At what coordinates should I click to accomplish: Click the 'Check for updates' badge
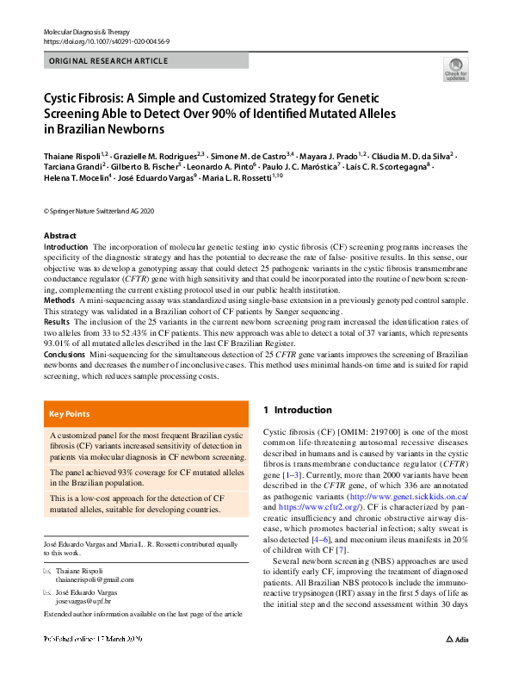(455, 69)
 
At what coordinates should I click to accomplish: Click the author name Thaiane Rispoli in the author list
(70, 155)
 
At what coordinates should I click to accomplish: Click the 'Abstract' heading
(59, 236)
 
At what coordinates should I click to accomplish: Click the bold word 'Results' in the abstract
(58, 321)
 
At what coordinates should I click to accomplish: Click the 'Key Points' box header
(69, 414)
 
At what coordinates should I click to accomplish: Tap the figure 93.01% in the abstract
(61, 343)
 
